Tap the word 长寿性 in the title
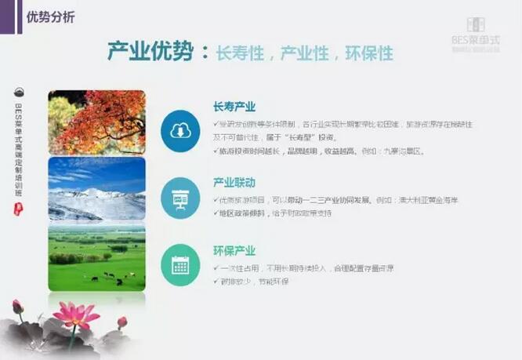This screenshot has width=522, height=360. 242,53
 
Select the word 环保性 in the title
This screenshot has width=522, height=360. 368,53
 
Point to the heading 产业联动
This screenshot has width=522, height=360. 234,183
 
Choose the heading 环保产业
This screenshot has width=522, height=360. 234,250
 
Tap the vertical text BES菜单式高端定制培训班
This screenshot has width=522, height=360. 19,146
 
